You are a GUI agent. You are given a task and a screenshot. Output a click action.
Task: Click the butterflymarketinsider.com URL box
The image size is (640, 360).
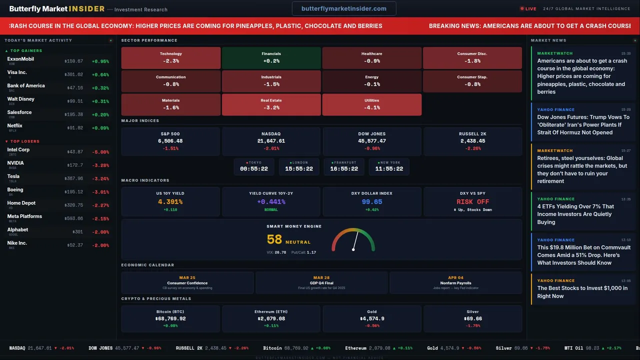(344, 8)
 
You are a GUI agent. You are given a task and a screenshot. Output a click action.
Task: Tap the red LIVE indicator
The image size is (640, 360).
(528, 8)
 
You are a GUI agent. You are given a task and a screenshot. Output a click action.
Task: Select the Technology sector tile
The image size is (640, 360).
(171, 57)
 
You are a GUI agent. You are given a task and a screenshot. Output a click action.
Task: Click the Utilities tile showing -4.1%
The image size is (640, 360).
(372, 104)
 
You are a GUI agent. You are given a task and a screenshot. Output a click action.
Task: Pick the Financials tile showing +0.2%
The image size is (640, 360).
(271, 57)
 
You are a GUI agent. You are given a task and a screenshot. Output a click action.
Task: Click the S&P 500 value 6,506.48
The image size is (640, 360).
(170, 141)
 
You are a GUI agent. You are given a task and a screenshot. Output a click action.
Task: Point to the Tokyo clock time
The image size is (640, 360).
(254, 169)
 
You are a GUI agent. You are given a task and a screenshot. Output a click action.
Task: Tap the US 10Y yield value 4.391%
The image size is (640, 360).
(170, 202)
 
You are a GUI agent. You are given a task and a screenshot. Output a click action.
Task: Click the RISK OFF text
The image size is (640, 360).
(472, 202)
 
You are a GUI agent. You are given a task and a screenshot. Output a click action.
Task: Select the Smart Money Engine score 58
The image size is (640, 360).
(274, 240)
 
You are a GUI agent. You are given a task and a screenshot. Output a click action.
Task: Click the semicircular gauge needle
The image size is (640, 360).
(355, 241)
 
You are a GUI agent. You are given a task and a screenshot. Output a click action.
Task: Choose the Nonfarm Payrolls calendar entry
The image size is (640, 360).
(455, 283)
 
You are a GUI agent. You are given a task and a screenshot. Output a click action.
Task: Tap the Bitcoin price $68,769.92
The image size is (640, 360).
(170, 318)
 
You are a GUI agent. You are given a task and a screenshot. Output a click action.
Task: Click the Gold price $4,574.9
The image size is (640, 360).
(372, 318)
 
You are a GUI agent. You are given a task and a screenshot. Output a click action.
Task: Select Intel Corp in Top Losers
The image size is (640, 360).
(18, 150)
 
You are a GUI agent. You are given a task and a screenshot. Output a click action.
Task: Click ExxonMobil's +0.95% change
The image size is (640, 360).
(100, 61)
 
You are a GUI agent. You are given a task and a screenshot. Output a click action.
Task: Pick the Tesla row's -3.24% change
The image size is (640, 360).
(100, 178)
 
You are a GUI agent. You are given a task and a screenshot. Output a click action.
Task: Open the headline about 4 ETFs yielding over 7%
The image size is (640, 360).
(575, 214)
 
